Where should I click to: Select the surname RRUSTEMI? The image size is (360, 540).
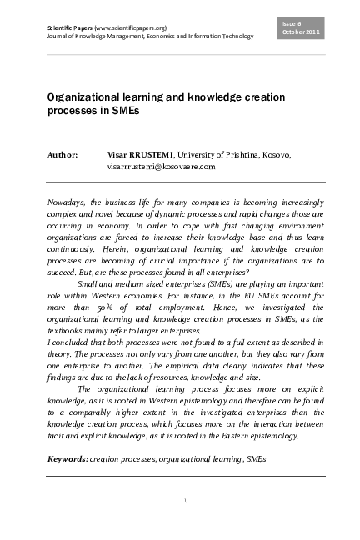click(152, 155)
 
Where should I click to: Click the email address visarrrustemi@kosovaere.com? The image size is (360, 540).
click(162, 167)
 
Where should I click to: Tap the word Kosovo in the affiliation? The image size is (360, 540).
click(274, 155)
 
